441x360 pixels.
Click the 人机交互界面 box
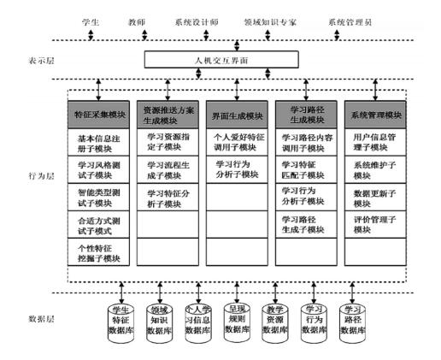[220, 60]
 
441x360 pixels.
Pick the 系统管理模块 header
[374, 114]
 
